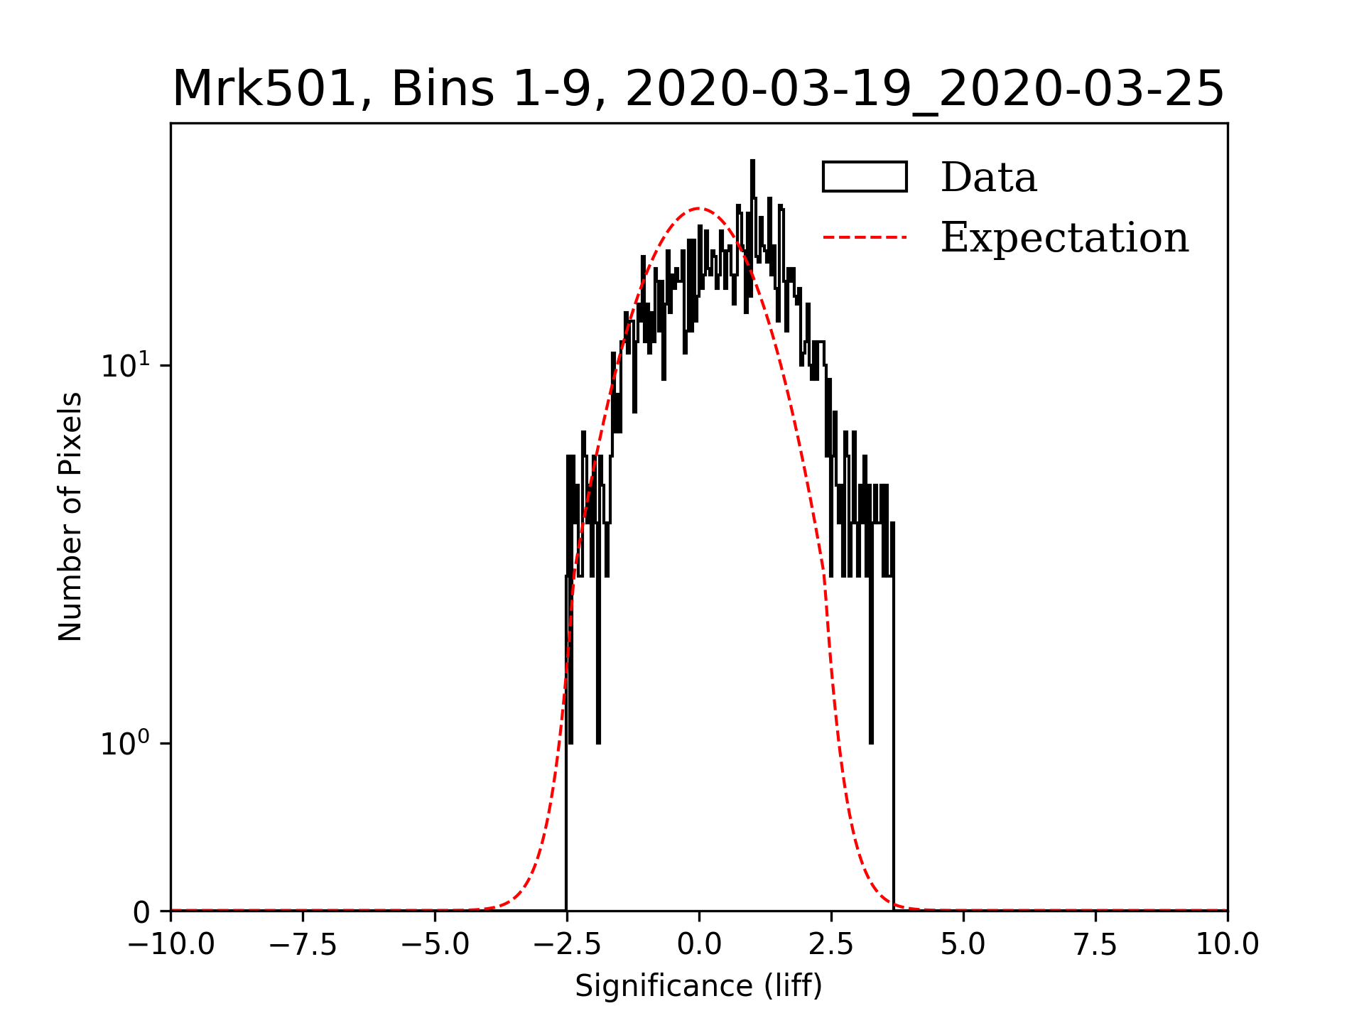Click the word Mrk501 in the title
point(264,90)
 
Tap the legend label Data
point(988,178)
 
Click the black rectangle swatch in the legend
point(865,177)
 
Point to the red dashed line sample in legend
point(865,237)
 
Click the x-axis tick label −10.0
point(170,945)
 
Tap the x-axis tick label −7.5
point(303,945)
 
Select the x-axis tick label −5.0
point(435,945)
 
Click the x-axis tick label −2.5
point(567,945)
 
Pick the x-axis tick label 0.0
point(699,945)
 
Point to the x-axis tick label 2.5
point(831,945)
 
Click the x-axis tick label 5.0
point(963,945)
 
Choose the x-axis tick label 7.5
point(1095,945)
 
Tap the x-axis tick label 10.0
point(1228,945)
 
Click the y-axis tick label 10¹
point(126,365)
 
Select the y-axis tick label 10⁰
point(126,743)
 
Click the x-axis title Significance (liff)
point(698,986)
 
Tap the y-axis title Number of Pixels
point(70,516)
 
